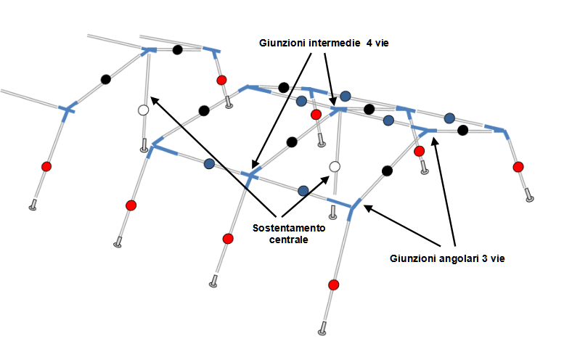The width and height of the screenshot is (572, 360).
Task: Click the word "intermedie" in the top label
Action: click(335, 43)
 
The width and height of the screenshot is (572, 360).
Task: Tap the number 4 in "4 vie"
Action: click(369, 43)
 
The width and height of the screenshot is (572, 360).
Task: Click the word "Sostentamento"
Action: click(289, 228)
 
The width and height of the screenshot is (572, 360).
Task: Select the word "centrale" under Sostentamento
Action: click(289, 240)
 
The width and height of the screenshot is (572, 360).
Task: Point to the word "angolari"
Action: click(457, 258)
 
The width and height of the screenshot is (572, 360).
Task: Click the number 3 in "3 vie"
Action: click(484, 258)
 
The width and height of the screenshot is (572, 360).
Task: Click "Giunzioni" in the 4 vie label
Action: click(282, 43)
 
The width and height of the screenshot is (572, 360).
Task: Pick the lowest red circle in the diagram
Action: click(333, 285)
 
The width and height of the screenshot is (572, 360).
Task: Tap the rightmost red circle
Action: click(518, 167)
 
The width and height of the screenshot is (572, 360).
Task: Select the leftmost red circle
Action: click(46, 167)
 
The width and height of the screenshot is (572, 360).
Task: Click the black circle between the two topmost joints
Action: click(177, 49)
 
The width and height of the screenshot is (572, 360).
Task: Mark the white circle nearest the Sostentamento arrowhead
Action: click(335, 167)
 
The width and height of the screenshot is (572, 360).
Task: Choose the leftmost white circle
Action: click(144, 110)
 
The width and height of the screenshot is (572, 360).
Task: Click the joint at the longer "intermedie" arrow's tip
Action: click(250, 175)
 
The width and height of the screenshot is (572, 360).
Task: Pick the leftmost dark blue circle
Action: click(209, 164)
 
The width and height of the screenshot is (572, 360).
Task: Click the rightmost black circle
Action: click(462, 130)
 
